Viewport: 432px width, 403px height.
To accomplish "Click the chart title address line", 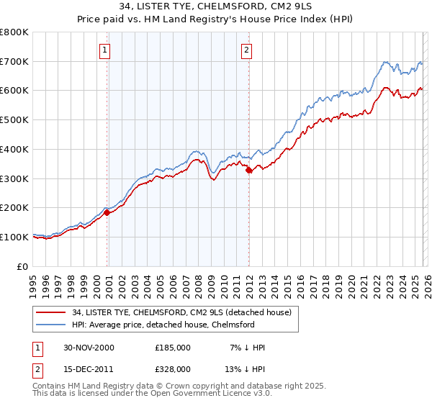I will click(216, 6).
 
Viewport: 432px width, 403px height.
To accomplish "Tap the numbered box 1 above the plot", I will click(105, 50).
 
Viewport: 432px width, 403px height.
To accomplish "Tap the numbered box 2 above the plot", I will click(246, 50).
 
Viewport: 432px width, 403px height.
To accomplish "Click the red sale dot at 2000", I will click(107, 212).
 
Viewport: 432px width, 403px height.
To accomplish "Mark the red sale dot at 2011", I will click(248, 171).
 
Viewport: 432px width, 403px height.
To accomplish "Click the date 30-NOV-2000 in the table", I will click(89, 348).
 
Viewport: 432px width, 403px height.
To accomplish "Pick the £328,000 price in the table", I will click(172, 369).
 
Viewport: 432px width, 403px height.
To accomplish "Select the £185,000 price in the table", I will click(172, 348).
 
